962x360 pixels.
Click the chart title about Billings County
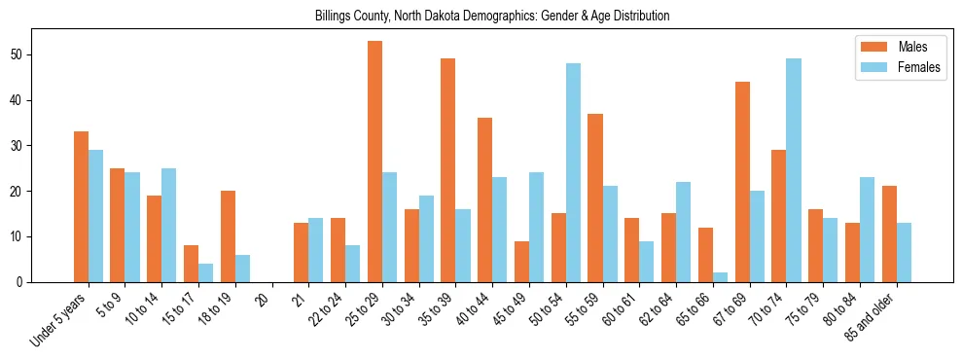[491, 17]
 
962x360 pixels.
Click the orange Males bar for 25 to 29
[374, 162]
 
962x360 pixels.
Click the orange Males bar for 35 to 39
[448, 170]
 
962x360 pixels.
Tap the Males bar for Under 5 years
[81, 207]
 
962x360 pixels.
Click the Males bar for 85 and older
[889, 234]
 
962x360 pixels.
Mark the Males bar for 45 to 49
[521, 262]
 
